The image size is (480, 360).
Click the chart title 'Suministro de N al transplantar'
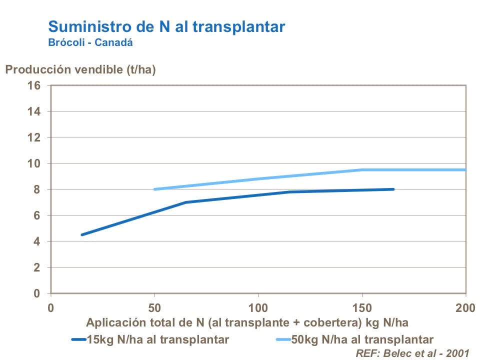point(166,26)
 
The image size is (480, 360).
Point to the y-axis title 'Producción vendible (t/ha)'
point(80,69)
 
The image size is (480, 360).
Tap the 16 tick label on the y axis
point(34,85)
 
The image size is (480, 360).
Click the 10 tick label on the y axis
point(34,163)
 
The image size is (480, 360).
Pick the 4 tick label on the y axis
point(37,241)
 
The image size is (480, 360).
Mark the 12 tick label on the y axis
point(34,137)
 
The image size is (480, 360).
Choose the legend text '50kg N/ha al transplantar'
point(363,339)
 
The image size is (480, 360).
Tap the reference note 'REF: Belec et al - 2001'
point(412,353)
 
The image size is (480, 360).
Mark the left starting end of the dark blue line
point(81,234)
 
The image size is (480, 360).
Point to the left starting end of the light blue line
point(154,189)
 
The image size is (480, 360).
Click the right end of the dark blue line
point(393,189)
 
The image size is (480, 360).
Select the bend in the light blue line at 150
point(362,170)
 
